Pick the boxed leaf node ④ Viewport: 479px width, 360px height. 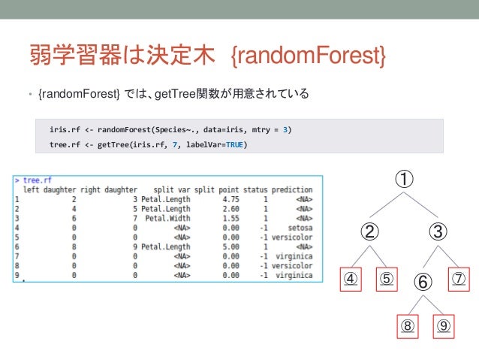click(351, 279)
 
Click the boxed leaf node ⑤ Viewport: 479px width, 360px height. click(386, 279)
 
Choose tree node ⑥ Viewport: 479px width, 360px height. click(423, 282)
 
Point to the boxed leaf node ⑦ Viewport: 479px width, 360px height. click(459, 279)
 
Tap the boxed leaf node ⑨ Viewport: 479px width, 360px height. click(444, 327)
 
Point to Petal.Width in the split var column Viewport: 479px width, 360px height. click(167, 218)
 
